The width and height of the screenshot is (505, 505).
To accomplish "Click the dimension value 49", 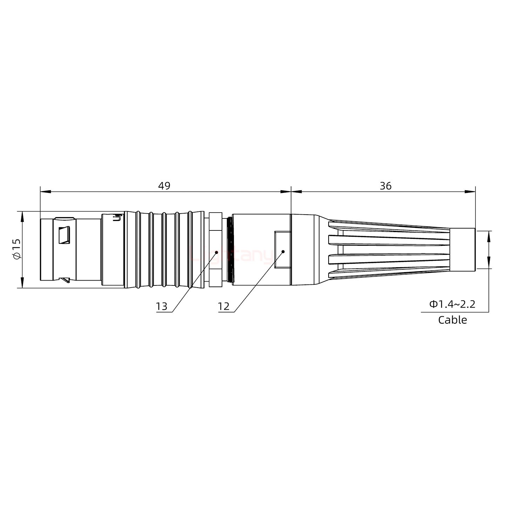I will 164,186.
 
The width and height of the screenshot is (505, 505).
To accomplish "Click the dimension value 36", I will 385,186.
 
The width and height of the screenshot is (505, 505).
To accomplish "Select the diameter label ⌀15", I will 17,249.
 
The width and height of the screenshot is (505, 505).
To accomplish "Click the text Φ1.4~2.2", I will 452,304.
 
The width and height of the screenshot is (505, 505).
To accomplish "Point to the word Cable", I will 452,320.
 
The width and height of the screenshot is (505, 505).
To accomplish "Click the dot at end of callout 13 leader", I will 216,252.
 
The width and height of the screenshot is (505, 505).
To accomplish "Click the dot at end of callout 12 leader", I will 283,251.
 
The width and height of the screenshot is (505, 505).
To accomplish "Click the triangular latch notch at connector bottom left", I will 65,280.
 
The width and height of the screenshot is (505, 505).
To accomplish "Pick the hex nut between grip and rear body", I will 215,249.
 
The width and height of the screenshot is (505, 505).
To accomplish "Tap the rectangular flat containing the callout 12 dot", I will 283,250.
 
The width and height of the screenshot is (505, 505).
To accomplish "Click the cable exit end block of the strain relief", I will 462,249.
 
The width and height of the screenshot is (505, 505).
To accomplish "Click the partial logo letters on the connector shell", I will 118,217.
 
